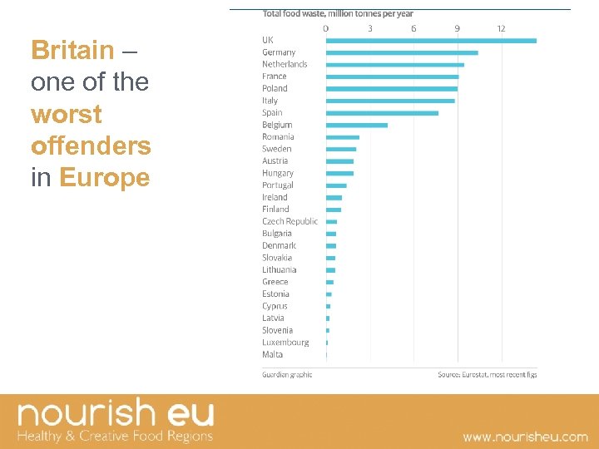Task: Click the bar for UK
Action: click(x=431, y=40)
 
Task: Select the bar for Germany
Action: click(x=402, y=52)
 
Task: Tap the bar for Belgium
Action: click(x=356, y=126)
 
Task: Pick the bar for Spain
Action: click(x=382, y=113)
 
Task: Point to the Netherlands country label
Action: click(x=285, y=64)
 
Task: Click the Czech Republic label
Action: click(x=290, y=221)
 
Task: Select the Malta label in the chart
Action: click(x=272, y=354)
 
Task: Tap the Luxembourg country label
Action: click(x=285, y=343)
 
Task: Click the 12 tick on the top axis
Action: click(x=501, y=28)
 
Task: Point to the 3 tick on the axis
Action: click(x=370, y=28)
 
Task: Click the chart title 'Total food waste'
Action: click(x=338, y=13)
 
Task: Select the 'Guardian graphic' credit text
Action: click(x=287, y=375)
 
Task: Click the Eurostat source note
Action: click(x=487, y=375)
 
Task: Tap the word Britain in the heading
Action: click(x=72, y=51)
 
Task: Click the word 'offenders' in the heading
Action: click(x=91, y=146)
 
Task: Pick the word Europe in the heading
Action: click(x=105, y=177)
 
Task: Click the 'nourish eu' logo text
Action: click(x=116, y=413)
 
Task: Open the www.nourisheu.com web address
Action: click(x=525, y=437)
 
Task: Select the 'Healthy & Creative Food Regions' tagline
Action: click(x=116, y=436)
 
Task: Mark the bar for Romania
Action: click(x=343, y=137)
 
